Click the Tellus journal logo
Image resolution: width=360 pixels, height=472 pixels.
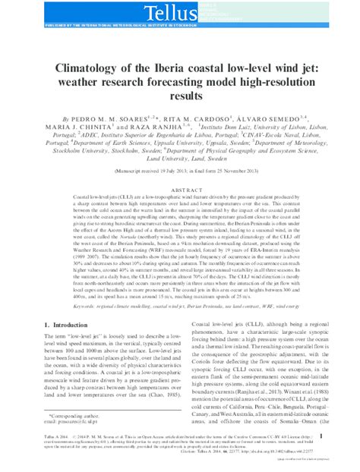(x=179, y=11)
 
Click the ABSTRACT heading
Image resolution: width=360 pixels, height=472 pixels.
(x=180, y=190)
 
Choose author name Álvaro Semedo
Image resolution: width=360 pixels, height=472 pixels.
(x=265, y=120)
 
